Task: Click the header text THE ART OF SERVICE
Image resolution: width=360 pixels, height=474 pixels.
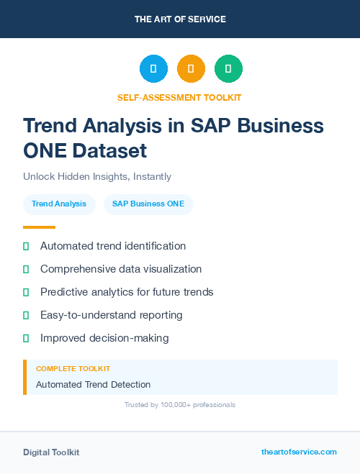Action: tap(180, 19)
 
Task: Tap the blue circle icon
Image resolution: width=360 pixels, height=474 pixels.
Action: tap(153, 68)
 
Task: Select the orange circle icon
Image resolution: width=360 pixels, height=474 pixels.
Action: tap(191, 68)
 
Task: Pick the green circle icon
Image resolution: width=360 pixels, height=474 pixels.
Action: tap(228, 68)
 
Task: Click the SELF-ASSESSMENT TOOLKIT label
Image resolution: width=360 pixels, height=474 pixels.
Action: tap(179, 97)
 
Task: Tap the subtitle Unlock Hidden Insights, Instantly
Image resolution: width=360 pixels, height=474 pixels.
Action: tap(97, 176)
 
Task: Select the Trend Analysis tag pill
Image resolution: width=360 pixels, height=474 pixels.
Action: tap(59, 204)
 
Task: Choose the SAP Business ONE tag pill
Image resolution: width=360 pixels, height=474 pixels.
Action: tap(148, 204)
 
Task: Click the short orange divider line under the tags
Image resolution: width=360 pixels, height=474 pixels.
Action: tap(39, 227)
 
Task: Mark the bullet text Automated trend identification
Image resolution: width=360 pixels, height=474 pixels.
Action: tap(113, 246)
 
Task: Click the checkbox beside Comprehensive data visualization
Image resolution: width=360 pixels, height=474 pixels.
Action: tap(26, 269)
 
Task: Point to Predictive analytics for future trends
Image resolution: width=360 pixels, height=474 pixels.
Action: tap(127, 292)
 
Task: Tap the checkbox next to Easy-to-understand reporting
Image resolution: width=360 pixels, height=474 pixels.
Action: tap(26, 315)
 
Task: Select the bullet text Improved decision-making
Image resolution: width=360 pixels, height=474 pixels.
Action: tap(104, 338)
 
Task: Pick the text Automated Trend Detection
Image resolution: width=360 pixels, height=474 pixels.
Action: tap(94, 384)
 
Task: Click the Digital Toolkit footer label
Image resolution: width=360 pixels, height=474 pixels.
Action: tap(51, 452)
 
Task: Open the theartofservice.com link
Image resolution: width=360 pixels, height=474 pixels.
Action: tap(299, 452)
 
